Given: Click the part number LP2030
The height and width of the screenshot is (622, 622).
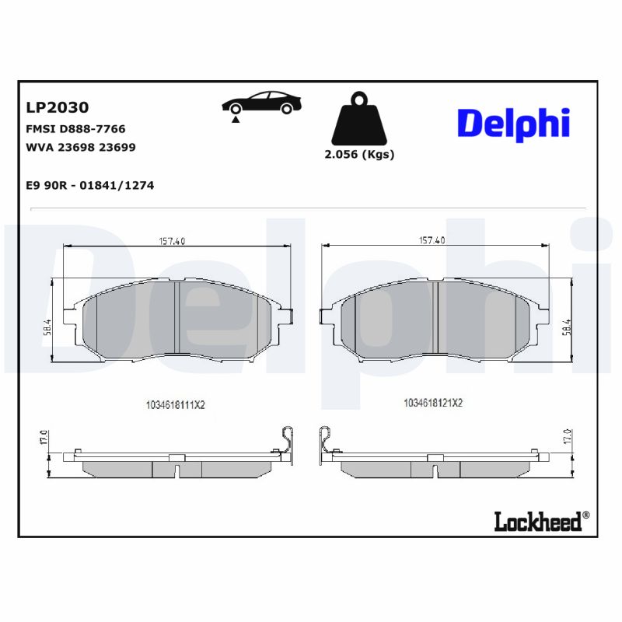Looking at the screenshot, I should (x=58, y=107).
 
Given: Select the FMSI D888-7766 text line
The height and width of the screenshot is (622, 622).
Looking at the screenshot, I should (x=76, y=129).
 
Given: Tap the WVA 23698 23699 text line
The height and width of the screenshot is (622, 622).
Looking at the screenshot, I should (x=81, y=147).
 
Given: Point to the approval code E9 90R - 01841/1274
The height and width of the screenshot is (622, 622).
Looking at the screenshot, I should (x=90, y=186).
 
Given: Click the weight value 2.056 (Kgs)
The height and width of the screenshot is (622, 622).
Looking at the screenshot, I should (x=359, y=154).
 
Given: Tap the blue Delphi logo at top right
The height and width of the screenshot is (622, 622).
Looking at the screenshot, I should (x=513, y=123).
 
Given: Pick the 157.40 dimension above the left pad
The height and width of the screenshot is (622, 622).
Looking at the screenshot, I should (x=173, y=241).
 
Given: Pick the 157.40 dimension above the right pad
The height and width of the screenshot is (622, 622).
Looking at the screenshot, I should (x=432, y=241).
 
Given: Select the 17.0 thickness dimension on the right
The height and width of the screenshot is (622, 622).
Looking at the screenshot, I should (x=568, y=437).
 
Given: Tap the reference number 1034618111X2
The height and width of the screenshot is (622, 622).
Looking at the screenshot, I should (x=174, y=404).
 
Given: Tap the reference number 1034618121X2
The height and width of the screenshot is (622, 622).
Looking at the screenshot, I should (x=433, y=403).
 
